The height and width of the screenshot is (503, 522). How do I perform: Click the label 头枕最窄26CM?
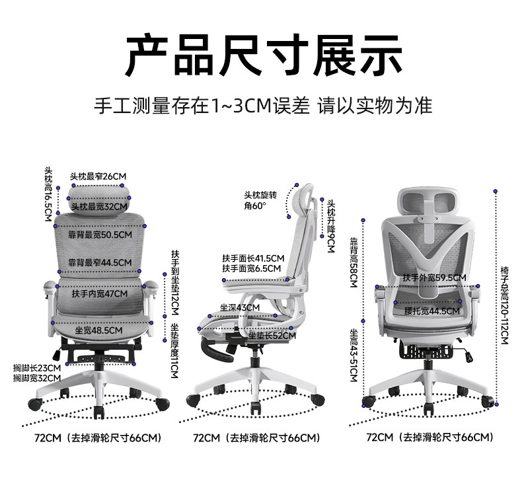[x=98, y=176]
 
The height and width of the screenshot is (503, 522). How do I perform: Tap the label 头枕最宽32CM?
[x=98, y=206]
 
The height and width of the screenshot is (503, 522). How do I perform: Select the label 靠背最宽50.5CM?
[x=100, y=234]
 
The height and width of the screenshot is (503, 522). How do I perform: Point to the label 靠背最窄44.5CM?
[x=100, y=262]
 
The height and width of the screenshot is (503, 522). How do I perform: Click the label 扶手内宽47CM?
[x=99, y=293]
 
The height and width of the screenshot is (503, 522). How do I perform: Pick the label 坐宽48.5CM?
[x=98, y=330]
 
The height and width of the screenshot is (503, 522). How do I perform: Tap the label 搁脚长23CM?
[x=37, y=368]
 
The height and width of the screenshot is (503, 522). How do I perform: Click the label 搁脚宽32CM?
[x=37, y=378]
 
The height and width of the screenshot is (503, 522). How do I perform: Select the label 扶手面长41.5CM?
[x=253, y=258]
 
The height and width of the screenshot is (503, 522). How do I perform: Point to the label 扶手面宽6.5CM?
[x=251, y=268]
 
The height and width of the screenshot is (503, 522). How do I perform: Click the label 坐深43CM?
[x=241, y=308]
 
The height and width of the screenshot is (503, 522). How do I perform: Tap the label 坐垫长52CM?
[x=272, y=336]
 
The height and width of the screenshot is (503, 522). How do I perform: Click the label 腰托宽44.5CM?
[x=433, y=311]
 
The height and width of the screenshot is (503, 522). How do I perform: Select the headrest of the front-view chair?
[x=99, y=195]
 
